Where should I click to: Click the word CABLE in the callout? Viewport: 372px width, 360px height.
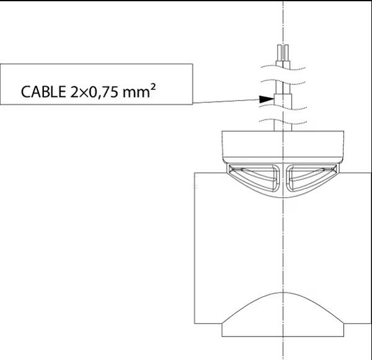click(43, 92)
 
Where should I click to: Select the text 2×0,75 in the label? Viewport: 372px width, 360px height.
click(94, 92)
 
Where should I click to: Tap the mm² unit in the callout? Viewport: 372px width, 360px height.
click(139, 91)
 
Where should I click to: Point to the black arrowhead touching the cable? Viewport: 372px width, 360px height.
click(267, 99)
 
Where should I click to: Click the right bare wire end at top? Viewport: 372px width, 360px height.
click(286, 53)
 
